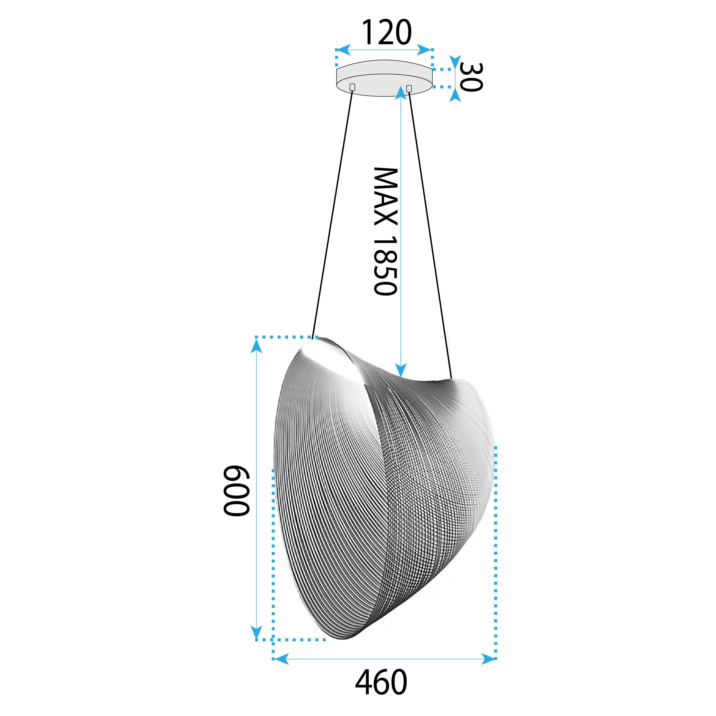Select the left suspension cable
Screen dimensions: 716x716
[332, 215]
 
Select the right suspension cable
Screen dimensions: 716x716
[430, 233]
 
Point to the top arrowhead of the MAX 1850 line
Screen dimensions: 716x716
[400, 93]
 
